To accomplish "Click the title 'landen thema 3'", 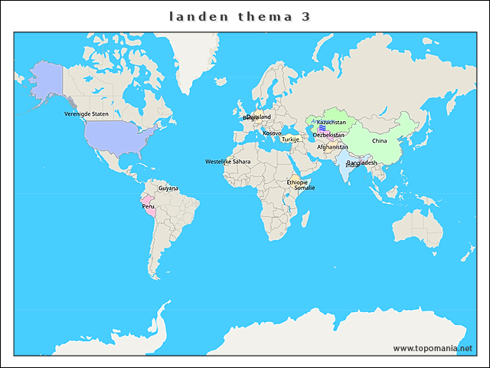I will coord(239,17).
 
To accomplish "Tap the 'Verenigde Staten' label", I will coord(87,113).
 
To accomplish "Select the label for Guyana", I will coord(168,188).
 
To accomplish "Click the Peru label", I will coord(149,206).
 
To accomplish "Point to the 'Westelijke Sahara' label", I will coord(227,162).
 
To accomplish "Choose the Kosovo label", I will coord(272,133).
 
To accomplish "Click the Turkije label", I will coord(290,140).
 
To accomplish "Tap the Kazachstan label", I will coord(332,123).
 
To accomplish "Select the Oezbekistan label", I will coord(328,135).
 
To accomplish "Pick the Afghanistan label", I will coord(332,147).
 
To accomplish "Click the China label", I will coord(380,141).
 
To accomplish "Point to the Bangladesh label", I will coord(361,163).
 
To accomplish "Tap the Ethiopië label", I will coord(297,182).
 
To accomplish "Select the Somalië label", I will coord(305,188).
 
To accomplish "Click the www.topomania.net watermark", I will coord(433,348).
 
